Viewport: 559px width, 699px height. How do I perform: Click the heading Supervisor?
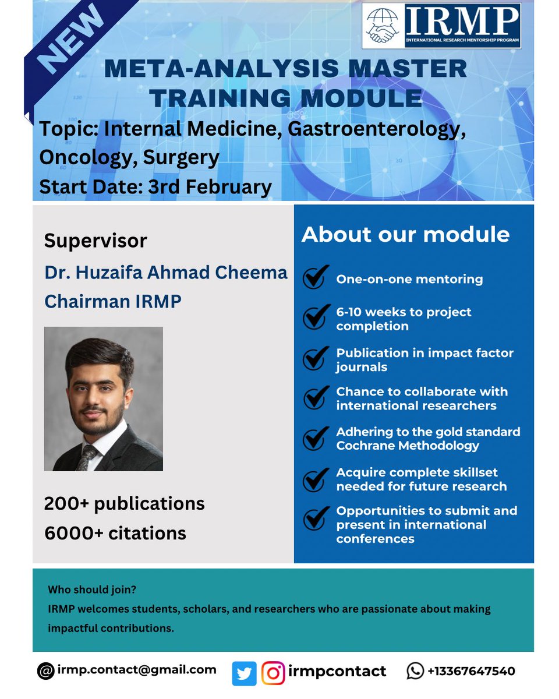pyautogui.click(x=95, y=241)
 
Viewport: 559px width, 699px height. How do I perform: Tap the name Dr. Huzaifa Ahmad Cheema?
pyautogui.click(x=166, y=273)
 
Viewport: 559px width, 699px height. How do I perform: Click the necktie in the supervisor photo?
pyautogui.click(x=89, y=456)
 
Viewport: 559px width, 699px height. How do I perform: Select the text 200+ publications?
pyautogui.click(x=124, y=503)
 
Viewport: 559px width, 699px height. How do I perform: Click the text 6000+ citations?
pyautogui.click(x=115, y=533)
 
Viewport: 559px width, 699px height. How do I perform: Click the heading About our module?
pyautogui.click(x=405, y=235)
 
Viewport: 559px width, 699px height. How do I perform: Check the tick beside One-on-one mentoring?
pyautogui.click(x=315, y=278)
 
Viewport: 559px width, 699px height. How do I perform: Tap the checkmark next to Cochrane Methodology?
pyautogui.click(x=315, y=438)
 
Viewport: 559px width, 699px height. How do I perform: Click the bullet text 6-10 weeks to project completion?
pyautogui.click(x=403, y=319)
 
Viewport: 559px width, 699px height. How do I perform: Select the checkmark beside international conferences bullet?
pyautogui.click(x=315, y=518)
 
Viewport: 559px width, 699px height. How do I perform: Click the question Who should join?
pyautogui.click(x=92, y=589)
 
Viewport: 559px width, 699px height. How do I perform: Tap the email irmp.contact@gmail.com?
pyautogui.click(x=137, y=670)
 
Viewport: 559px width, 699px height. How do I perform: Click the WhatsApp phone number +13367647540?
pyautogui.click(x=470, y=671)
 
